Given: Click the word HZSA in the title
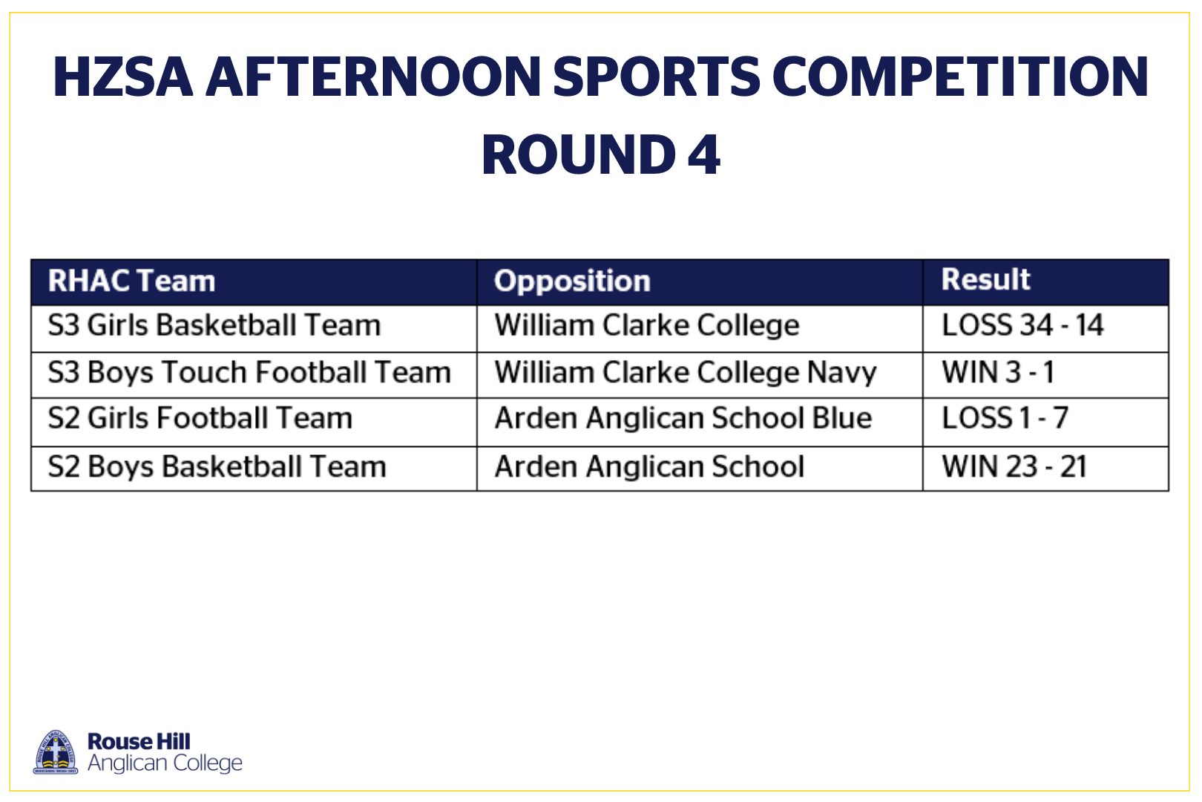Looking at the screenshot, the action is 123,76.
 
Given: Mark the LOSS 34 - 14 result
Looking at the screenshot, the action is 1022,325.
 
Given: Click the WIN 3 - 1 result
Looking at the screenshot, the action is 999,372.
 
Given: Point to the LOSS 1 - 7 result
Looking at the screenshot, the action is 1005,419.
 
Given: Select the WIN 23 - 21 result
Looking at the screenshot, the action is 1015,466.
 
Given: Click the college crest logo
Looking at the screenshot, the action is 56,752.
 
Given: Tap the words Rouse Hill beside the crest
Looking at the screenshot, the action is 139,742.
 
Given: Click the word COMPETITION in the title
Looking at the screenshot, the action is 960,76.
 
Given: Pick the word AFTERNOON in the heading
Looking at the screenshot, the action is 373,76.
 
